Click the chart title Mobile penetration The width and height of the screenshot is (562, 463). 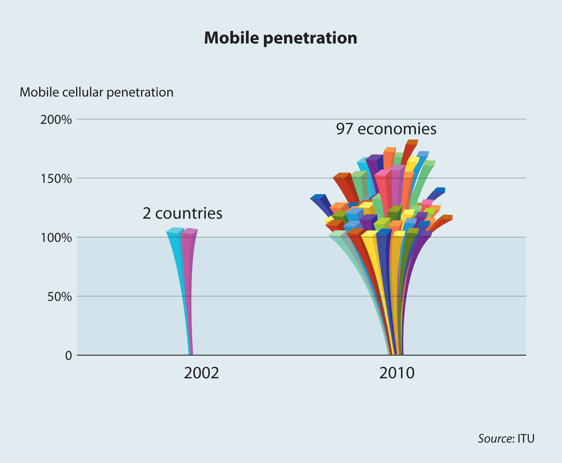pyautogui.click(x=280, y=38)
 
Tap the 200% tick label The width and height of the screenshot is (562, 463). pyautogui.click(x=56, y=120)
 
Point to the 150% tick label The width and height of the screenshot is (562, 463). pyautogui.click(x=56, y=179)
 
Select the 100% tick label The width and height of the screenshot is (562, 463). pyautogui.click(x=56, y=238)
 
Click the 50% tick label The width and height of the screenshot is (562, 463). pyautogui.click(x=59, y=297)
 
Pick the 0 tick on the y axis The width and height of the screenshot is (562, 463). pyautogui.click(x=69, y=356)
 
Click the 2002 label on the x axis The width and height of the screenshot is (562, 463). pyautogui.click(x=201, y=373)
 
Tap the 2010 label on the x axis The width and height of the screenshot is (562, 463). pyautogui.click(x=397, y=373)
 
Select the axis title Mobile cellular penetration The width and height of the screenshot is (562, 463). pyautogui.click(x=97, y=93)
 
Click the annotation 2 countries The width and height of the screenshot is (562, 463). pyautogui.click(x=182, y=213)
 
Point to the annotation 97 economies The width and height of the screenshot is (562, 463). pyautogui.click(x=386, y=129)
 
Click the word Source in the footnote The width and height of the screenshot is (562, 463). pyautogui.click(x=495, y=439)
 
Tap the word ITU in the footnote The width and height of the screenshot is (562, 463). pyautogui.click(x=526, y=439)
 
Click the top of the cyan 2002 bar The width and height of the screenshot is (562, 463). pyautogui.click(x=175, y=230)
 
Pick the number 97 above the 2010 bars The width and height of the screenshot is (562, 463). pyautogui.click(x=344, y=129)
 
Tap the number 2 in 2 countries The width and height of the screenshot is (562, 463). pyautogui.click(x=147, y=213)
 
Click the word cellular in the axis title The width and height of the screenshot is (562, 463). pyautogui.click(x=83, y=93)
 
